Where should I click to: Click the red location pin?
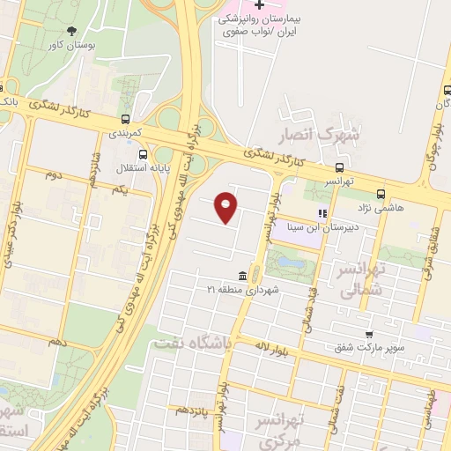point(226,206)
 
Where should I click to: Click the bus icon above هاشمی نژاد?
point(381,194)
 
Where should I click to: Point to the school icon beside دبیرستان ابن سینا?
point(322,213)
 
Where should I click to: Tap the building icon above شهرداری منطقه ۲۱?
point(241,277)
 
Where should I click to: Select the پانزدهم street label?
point(194,410)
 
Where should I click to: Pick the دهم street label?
point(57,341)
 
